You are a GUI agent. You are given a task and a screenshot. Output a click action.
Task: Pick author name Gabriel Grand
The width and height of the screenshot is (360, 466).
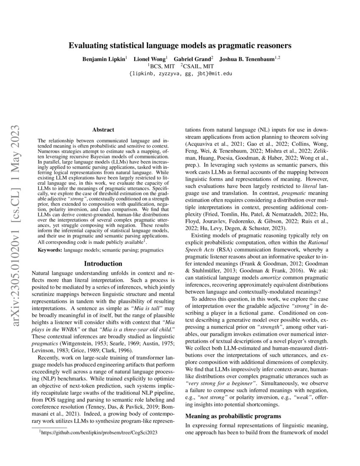click(193, 59)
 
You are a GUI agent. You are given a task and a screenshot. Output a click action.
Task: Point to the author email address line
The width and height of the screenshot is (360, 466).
click(180, 73)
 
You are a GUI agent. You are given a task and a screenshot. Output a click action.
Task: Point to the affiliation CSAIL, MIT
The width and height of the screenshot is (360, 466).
click(197, 66)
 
